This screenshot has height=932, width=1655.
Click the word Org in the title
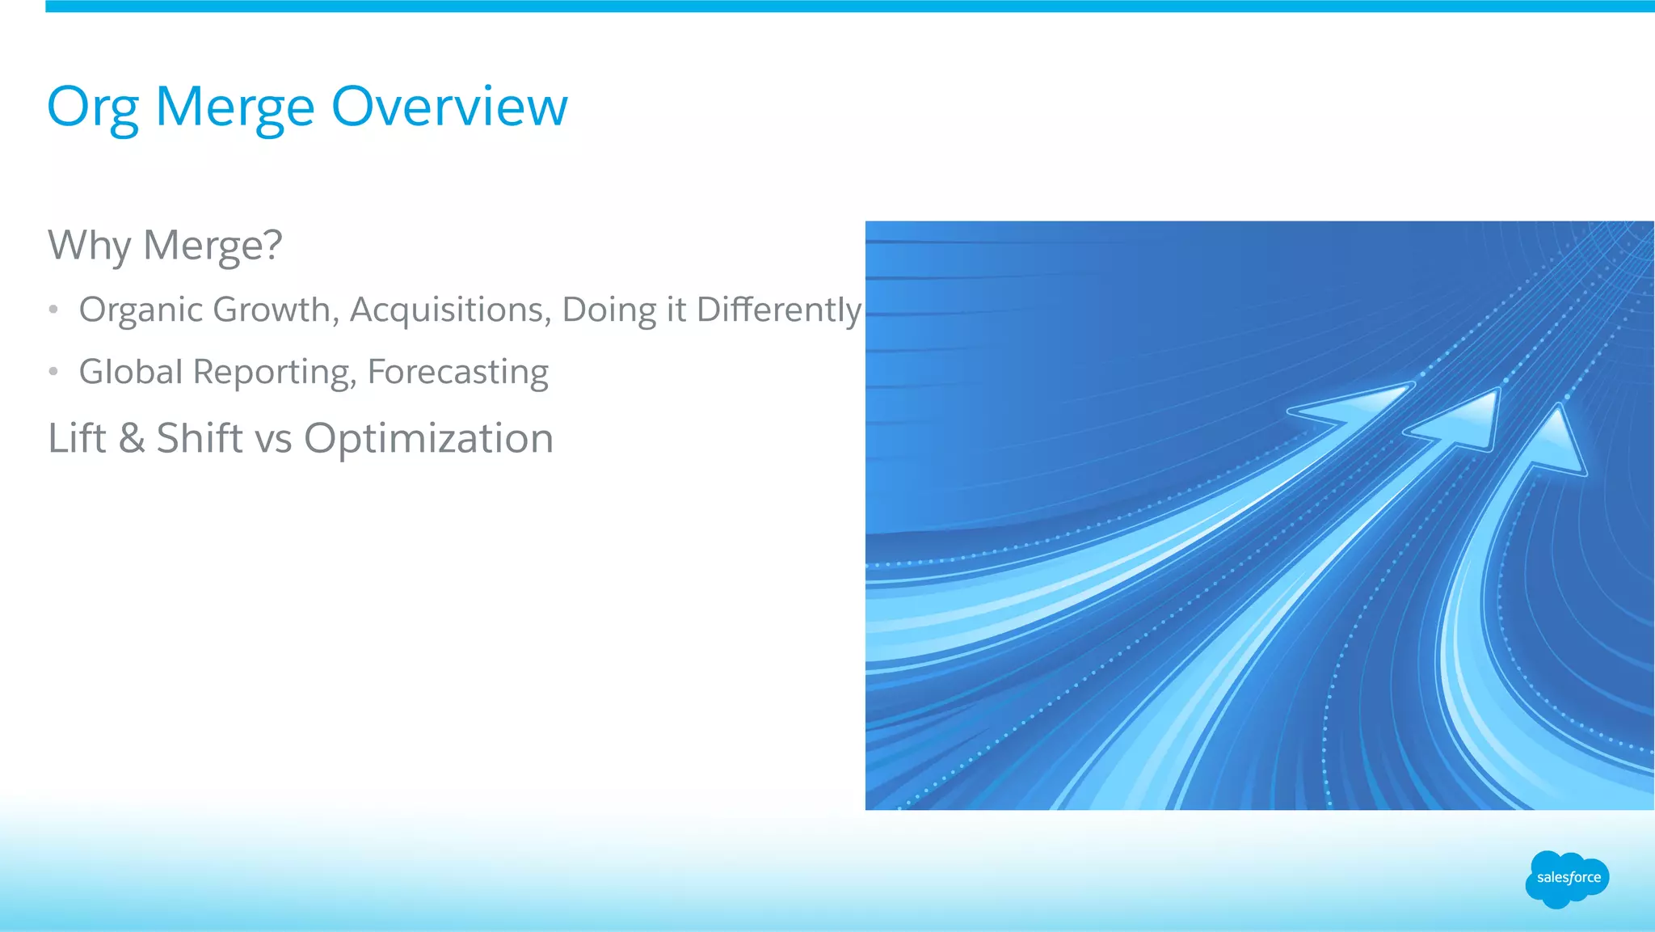coord(91,108)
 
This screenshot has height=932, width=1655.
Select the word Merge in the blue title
coord(234,108)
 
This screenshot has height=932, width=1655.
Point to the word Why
coord(89,246)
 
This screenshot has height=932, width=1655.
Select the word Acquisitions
coord(450,310)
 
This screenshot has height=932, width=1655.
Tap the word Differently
coord(779,310)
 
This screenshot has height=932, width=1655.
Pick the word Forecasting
coord(458,372)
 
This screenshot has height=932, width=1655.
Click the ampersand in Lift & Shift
coord(132,438)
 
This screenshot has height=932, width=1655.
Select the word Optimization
coord(428,438)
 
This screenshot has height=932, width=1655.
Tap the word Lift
coord(77,438)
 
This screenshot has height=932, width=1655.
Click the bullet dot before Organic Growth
coord(53,310)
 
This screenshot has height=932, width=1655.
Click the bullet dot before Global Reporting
coord(53,372)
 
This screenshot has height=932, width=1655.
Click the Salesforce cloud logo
coord(1567,879)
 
